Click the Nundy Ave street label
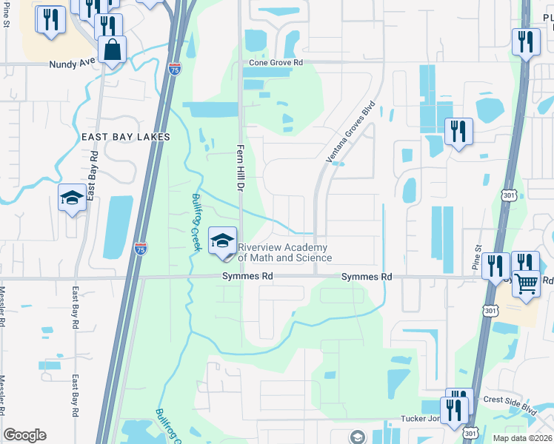click(x=72, y=64)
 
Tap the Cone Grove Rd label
click(x=276, y=64)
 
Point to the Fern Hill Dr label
click(x=239, y=169)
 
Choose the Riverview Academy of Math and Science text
click(x=284, y=252)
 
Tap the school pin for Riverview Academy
click(x=222, y=240)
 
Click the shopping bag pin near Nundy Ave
click(x=112, y=50)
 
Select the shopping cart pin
click(x=526, y=282)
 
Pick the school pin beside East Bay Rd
click(x=72, y=198)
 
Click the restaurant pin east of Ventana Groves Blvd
click(x=458, y=132)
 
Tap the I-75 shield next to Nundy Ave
click(x=174, y=70)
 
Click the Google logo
click(x=24, y=435)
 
